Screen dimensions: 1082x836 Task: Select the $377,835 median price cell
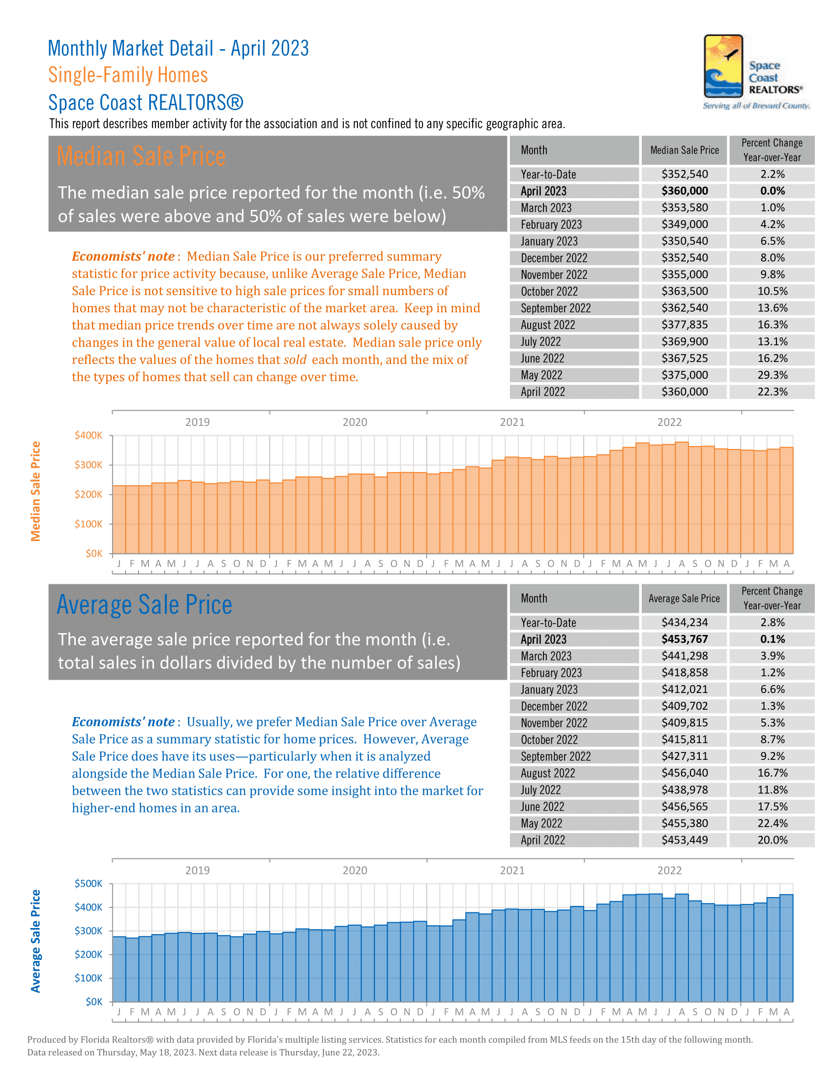pyautogui.click(x=685, y=325)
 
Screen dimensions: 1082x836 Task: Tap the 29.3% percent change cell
pyautogui.click(x=772, y=375)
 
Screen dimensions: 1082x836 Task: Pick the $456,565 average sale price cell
pyautogui.click(x=685, y=807)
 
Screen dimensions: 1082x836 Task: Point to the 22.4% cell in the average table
pyautogui.click(x=772, y=823)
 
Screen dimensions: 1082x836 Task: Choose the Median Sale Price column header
pyautogui.click(x=685, y=150)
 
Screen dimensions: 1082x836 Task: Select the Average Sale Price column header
pyautogui.click(x=684, y=599)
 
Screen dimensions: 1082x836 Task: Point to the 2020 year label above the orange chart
pyautogui.click(x=355, y=422)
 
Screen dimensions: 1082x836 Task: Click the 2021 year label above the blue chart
pyautogui.click(x=512, y=871)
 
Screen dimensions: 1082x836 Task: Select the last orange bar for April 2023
pyautogui.click(x=786, y=500)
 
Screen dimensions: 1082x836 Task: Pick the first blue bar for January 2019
pyautogui.click(x=119, y=968)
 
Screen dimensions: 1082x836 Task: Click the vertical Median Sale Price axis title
pyautogui.click(x=36, y=491)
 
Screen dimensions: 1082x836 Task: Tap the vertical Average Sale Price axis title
pyautogui.click(x=36, y=941)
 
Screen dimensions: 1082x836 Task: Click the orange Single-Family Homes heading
pyautogui.click(x=128, y=75)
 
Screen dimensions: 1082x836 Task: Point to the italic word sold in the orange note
pyautogui.click(x=295, y=360)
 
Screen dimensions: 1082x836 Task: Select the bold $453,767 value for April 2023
pyautogui.click(x=685, y=639)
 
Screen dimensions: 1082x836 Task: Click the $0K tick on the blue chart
pyautogui.click(x=93, y=1002)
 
